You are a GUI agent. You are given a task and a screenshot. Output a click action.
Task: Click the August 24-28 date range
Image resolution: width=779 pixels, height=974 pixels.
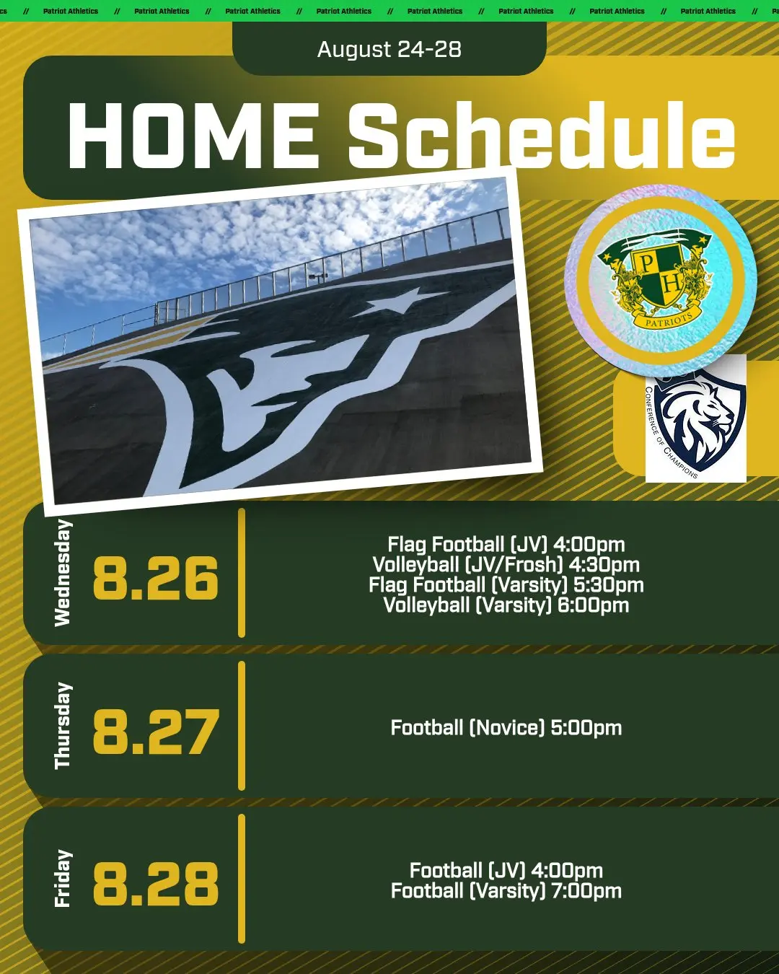[x=389, y=49]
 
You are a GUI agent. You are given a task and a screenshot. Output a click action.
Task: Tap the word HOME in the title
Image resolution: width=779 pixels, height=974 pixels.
[x=193, y=136]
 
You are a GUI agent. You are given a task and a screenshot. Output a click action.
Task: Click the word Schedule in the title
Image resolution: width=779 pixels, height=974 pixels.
[x=542, y=134]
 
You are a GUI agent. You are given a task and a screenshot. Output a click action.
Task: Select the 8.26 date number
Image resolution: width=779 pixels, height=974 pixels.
[x=156, y=578]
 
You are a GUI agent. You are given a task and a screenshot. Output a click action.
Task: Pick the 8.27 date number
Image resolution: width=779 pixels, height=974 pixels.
[x=156, y=732]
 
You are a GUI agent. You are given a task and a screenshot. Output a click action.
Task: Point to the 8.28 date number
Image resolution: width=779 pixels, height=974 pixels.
[x=156, y=884]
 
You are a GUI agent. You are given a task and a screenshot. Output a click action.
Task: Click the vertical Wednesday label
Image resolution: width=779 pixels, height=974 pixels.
[x=63, y=573]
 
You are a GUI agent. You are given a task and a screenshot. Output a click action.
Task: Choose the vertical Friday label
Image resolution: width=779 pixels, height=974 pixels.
[x=63, y=879]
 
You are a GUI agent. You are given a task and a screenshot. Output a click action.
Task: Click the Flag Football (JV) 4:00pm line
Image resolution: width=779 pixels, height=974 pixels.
[x=506, y=545]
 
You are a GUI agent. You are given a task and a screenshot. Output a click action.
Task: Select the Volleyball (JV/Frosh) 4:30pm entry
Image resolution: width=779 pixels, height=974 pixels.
[x=506, y=565]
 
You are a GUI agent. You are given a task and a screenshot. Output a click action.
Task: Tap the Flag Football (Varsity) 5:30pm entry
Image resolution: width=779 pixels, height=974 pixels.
[x=506, y=585]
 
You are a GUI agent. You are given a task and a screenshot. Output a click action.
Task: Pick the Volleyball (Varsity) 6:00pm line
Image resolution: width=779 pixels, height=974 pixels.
[x=506, y=605]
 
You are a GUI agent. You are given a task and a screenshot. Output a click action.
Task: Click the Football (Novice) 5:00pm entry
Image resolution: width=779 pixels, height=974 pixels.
[x=506, y=728]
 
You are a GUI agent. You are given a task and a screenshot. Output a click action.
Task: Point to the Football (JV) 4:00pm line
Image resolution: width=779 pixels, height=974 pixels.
[x=506, y=870]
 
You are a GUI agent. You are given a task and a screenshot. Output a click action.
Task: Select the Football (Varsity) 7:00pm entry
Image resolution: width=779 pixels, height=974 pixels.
[x=506, y=891]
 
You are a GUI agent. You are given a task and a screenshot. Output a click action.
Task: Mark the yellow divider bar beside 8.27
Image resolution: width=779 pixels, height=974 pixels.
[x=242, y=726]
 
